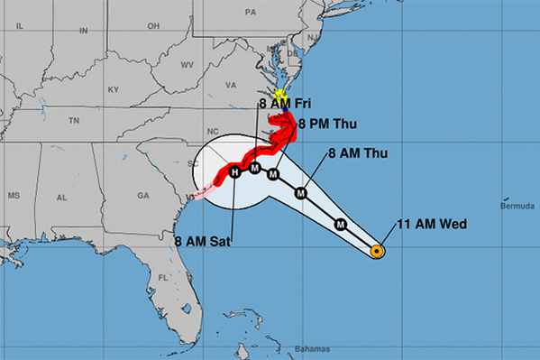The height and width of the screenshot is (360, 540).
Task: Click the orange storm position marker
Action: point(377,252)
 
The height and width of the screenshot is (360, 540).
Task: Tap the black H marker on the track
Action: point(234,172)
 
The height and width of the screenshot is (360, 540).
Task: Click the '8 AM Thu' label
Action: point(358,153)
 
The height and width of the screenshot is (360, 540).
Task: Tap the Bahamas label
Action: point(312,348)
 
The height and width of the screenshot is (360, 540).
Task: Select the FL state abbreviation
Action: point(163,277)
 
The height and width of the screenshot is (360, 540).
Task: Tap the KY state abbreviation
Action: point(113,90)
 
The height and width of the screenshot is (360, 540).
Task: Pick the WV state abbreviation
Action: point(188,65)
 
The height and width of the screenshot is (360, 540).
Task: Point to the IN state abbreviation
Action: point(84,31)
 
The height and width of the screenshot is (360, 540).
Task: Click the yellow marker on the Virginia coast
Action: point(280,93)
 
